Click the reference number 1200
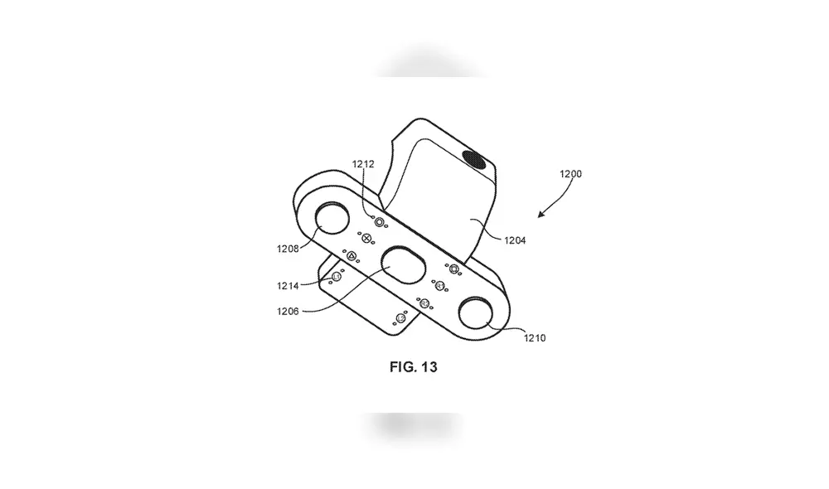point(570,174)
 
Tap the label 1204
point(515,240)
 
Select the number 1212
point(363,164)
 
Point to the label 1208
point(288,249)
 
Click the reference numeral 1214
point(288,286)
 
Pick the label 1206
point(288,312)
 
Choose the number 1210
point(535,338)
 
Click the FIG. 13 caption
point(414,367)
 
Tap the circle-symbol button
point(379,222)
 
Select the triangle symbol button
point(351,256)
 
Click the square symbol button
point(453,269)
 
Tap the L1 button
point(337,277)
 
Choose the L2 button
point(400,318)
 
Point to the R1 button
point(440,286)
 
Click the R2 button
point(424,303)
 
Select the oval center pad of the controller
point(404,264)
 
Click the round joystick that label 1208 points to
point(332,218)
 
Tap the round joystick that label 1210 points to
point(476,313)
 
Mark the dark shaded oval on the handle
point(474,160)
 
